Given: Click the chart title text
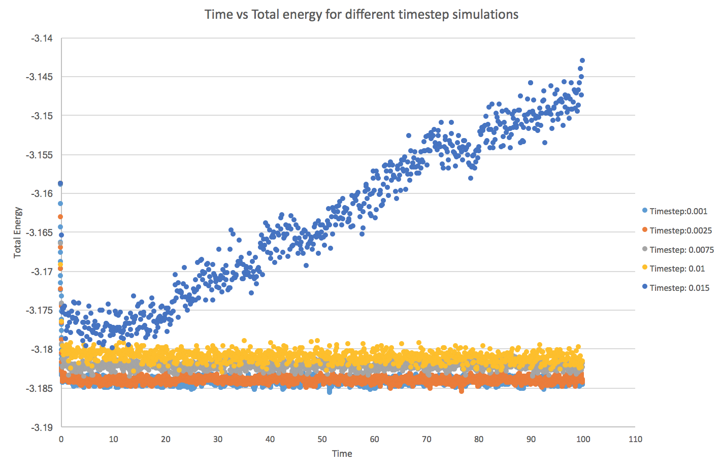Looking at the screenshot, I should click(361, 14).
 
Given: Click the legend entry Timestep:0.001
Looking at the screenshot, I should click(678, 211).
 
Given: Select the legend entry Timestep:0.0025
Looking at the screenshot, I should click(680, 230).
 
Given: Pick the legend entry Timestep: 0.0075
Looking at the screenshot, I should click(681, 250).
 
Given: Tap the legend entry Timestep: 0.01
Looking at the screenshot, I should click(677, 269).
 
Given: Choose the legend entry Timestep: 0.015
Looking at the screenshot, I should click(679, 288).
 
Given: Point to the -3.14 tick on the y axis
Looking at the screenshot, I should click(42, 38).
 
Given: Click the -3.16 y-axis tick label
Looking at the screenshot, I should click(42, 193).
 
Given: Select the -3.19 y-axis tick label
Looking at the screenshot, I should click(42, 427).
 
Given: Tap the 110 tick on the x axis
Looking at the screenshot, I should click(635, 439).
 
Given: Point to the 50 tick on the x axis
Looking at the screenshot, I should click(322, 439).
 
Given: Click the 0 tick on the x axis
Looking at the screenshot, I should click(61, 439).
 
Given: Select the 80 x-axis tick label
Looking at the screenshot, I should click(479, 439).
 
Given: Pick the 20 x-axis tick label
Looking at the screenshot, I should click(166, 439).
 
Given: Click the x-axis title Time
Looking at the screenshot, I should click(342, 454).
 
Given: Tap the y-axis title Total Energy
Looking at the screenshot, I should click(18, 232).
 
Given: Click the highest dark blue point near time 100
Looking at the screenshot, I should click(582, 60).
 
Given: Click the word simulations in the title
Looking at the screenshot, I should click(486, 14).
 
